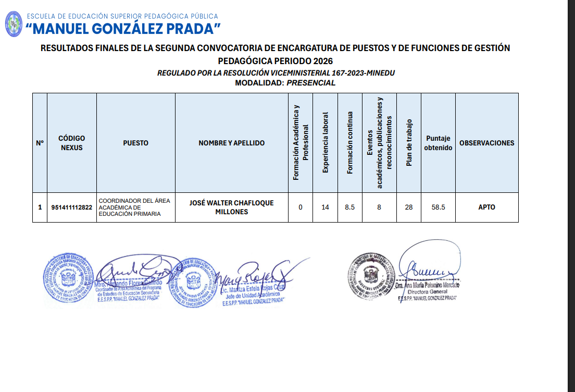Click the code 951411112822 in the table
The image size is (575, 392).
click(x=72, y=207)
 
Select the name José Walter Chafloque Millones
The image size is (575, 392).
click(x=231, y=207)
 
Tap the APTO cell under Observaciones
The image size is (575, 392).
click(x=486, y=207)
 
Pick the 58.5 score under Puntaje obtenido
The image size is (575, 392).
click(x=438, y=207)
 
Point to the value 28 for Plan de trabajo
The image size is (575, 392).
click(x=409, y=207)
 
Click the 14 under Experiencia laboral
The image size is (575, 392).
click(x=326, y=207)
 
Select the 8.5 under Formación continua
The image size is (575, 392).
click(x=350, y=207)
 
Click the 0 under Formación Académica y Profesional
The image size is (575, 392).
click(x=301, y=207)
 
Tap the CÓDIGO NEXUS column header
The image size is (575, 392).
click(x=72, y=143)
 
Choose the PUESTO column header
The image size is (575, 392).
click(x=135, y=143)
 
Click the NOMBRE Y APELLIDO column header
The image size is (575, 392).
click(x=231, y=143)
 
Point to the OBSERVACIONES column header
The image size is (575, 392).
click(x=486, y=143)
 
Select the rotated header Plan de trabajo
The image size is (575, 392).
click(x=409, y=143)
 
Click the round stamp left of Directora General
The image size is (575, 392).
click(x=372, y=276)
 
